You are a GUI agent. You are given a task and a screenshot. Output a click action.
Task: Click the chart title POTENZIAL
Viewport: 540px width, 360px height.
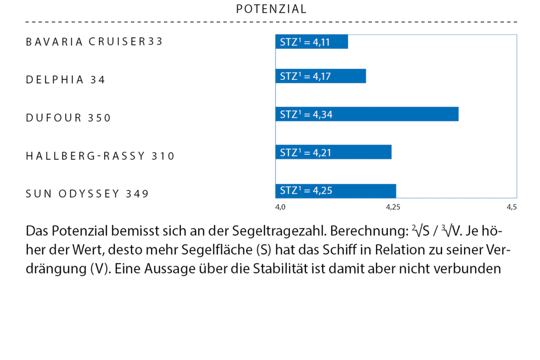click(271, 9)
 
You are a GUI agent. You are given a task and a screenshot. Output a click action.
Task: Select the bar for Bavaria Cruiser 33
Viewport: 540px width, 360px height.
click(311, 42)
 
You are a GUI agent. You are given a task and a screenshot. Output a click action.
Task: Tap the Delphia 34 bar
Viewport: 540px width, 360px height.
click(320, 76)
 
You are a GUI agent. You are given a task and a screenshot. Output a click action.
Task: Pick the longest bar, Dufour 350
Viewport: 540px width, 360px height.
click(367, 114)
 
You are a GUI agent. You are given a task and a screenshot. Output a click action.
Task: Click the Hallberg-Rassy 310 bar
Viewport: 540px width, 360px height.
click(333, 152)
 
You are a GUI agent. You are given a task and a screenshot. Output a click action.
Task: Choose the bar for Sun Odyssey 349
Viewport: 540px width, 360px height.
click(335, 191)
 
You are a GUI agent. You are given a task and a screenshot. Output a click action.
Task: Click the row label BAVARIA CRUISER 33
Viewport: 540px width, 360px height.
click(95, 42)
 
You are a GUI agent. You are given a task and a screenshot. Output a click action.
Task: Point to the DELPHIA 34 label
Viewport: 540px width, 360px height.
click(66, 80)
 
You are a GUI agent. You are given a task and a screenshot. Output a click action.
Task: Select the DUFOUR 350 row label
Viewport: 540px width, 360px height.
click(68, 118)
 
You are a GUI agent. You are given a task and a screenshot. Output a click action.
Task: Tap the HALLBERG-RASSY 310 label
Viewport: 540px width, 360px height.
click(100, 156)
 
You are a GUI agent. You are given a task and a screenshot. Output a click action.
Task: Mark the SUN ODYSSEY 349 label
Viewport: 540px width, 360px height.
click(87, 194)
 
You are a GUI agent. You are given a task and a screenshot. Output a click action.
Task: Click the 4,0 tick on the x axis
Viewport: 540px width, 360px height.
click(280, 207)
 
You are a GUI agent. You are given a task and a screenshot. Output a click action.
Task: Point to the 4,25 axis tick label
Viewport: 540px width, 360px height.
click(393, 207)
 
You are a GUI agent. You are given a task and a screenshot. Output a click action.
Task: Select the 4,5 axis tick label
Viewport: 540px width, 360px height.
click(512, 207)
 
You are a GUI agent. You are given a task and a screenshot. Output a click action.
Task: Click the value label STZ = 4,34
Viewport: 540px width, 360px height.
click(306, 114)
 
